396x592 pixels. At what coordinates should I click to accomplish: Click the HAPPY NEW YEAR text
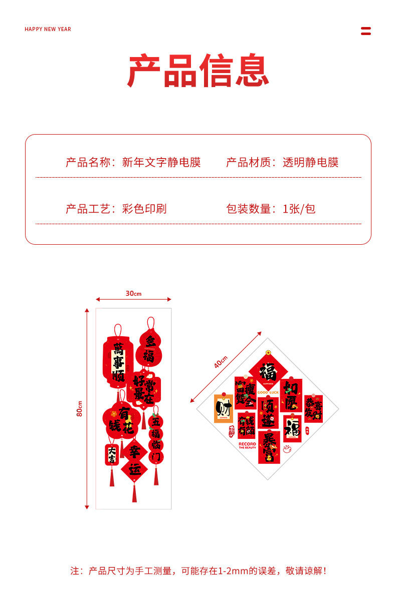coord(48,29)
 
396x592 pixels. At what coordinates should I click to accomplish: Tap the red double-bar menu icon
coord(366,31)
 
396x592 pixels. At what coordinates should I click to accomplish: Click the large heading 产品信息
coord(198,71)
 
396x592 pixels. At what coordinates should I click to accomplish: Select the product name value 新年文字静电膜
coord(161,162)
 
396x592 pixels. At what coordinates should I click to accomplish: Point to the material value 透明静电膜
coord(310,162)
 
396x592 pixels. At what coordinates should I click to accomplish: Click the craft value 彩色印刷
coord(144,209)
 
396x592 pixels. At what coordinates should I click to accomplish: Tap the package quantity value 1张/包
coord(299,209)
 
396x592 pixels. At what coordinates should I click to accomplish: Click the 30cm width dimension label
coord(133,293)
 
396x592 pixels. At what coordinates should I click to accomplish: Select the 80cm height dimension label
coord(80,408)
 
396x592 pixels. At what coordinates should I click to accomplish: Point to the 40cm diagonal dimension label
coord(221,362)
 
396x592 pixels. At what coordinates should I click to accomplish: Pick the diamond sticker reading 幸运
coord(134,461)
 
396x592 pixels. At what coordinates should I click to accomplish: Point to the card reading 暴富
coord(269,447)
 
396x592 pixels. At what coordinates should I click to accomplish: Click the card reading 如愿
coord(291,394)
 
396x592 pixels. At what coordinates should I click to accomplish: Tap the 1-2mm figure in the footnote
coord(233,570)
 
